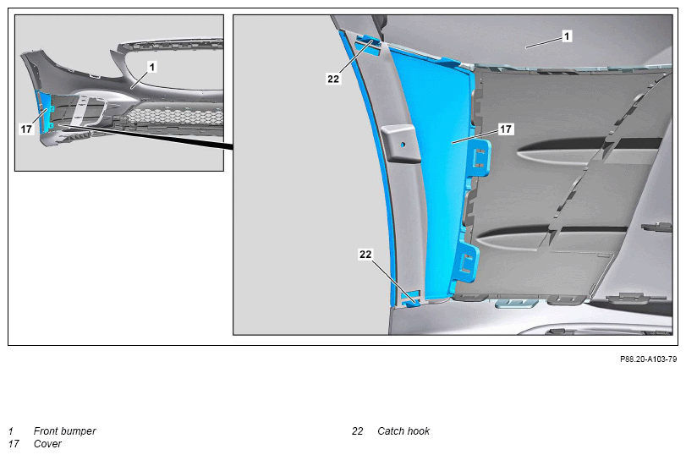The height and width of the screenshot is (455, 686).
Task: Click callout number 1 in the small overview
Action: [151, 67]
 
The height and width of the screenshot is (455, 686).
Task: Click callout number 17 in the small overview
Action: [26, 129]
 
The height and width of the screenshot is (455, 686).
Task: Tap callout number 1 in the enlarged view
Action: [567, 36]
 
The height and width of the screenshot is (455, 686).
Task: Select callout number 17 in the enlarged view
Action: [505, 129]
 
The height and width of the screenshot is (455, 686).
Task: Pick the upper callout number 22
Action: [333, 79]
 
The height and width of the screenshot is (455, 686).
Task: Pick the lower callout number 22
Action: [365, 255]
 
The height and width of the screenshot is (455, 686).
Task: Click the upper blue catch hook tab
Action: [368, 42]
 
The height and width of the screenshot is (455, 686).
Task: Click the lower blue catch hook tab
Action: [410, 299]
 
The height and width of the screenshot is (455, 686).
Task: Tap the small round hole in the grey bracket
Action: [403, 145]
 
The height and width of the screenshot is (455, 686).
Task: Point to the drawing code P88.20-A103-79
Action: [648, 359]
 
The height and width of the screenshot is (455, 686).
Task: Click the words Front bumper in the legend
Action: [65, 431]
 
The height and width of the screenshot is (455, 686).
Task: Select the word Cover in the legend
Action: [47, 444]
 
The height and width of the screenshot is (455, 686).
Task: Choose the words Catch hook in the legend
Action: [403, 431]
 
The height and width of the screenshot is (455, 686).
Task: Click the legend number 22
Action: [358, 431]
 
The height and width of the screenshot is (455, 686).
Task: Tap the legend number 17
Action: [14, 444]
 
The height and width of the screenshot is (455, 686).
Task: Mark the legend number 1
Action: [11, 431]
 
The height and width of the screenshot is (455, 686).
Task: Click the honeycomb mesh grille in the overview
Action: [175, 117]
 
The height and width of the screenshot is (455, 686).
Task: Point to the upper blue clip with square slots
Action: [480, 157]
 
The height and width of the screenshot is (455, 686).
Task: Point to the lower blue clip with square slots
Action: [467, 263]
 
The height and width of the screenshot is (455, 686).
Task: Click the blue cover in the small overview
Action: [44, 112]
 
